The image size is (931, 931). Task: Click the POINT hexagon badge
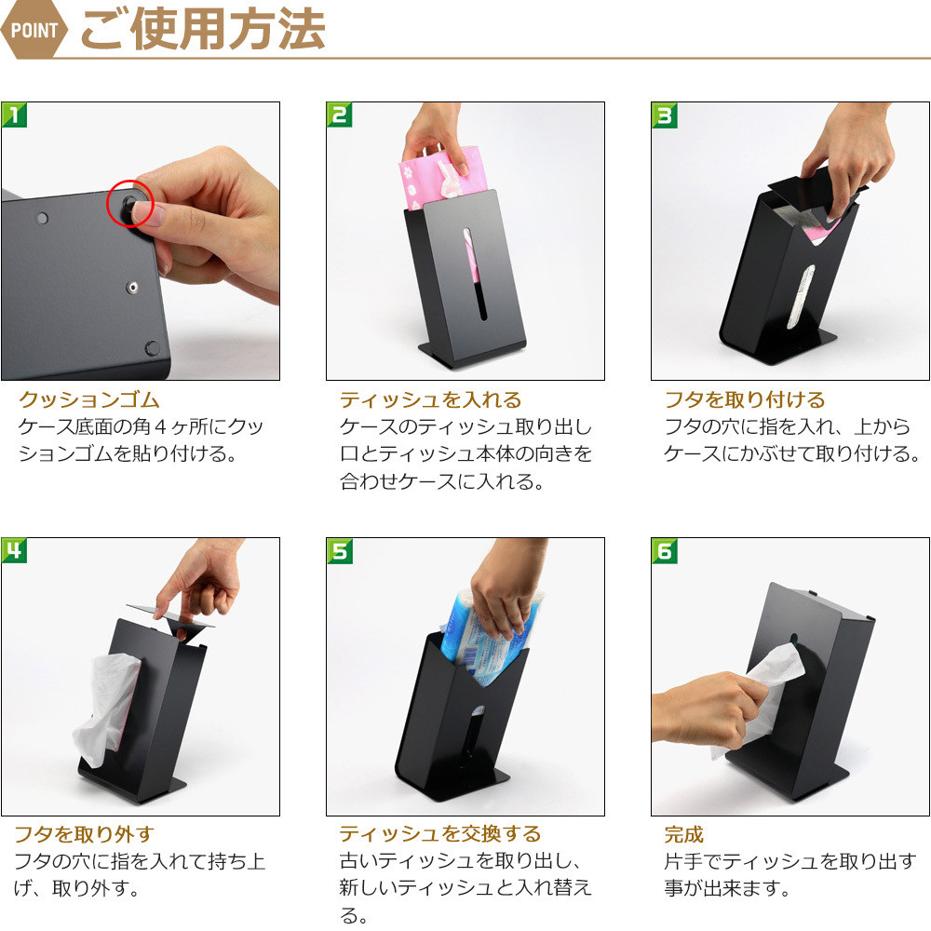tap(34, 29)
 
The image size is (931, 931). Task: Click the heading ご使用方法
tap(202, 29)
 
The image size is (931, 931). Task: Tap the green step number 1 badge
tap(14, 115)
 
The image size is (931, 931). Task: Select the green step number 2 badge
tap(339, 115)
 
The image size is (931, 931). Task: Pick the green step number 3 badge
tap(665, 115)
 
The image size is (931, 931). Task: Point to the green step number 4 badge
tap(14, 550)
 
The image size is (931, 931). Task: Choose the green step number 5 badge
tap(340, 550)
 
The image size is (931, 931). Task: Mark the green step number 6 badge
tap(665, 551)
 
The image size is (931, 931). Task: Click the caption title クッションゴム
tap(89, 399)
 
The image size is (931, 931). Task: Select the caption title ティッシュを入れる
tap(430, 399)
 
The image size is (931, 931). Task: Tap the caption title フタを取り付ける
tap(745, 399)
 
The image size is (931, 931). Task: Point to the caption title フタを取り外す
tap(84, 834)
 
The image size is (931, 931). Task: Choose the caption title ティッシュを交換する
tap(440, 833)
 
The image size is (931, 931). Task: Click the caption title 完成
tap(683, 834)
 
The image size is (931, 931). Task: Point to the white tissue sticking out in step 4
tap(107, 707)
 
